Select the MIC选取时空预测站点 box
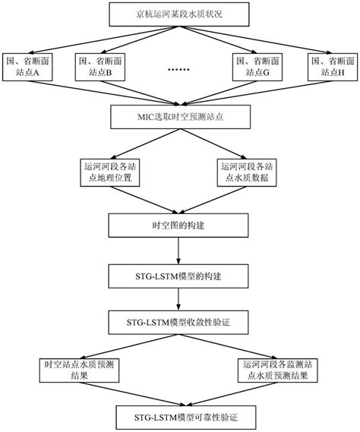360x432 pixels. (180, 118)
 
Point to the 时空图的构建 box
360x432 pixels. (180, 224)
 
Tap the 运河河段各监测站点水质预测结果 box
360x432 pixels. (281, 371)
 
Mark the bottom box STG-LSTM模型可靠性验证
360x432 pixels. (180, 417)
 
